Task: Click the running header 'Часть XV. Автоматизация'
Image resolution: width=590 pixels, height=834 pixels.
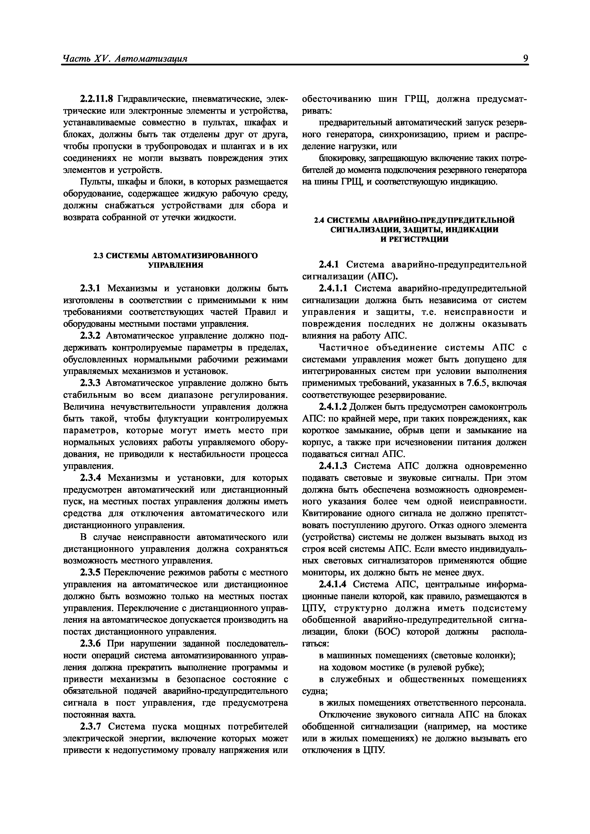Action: (x=125, y=58)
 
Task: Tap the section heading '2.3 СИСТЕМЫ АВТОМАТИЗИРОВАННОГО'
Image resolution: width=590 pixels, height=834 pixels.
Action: (x=176, y=256)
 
